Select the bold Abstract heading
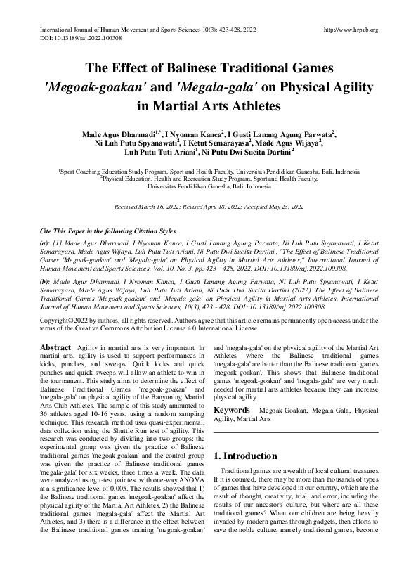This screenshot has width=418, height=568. (x=55, y=348)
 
